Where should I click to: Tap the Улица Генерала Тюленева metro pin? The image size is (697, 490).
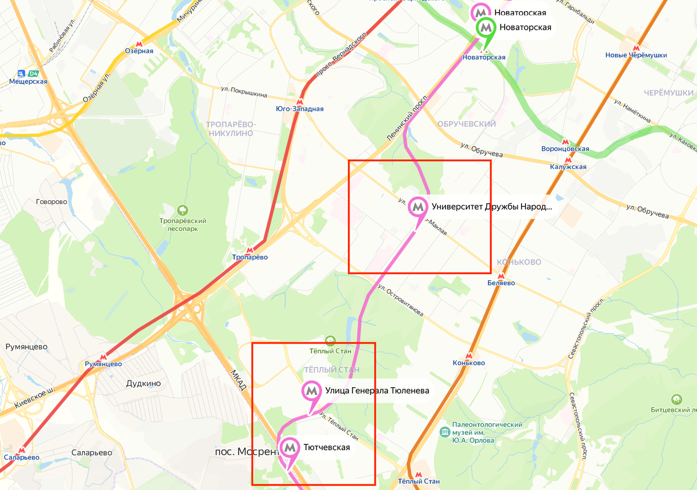point(312,391)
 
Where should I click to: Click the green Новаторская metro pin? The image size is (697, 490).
point(486,27)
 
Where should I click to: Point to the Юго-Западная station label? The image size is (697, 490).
point(300,109)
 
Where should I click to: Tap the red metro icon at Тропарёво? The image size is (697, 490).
point(250,250)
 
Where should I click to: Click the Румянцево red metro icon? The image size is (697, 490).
point(103,357)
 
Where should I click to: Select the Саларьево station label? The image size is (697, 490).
point(21,457)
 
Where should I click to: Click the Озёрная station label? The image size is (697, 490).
point(139,51)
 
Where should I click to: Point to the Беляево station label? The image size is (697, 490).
point(501,283)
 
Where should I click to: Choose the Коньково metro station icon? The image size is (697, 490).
point(469,356)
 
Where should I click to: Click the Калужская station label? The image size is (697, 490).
point(568,167)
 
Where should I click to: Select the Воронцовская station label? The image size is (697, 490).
point(566,149)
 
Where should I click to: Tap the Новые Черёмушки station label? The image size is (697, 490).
point(636,55)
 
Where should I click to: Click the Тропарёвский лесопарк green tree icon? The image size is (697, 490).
point(183,210)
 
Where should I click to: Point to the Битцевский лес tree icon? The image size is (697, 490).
point(676,399)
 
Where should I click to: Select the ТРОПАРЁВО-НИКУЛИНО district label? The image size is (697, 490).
point(231,129)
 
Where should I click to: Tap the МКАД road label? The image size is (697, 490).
point(239,380)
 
